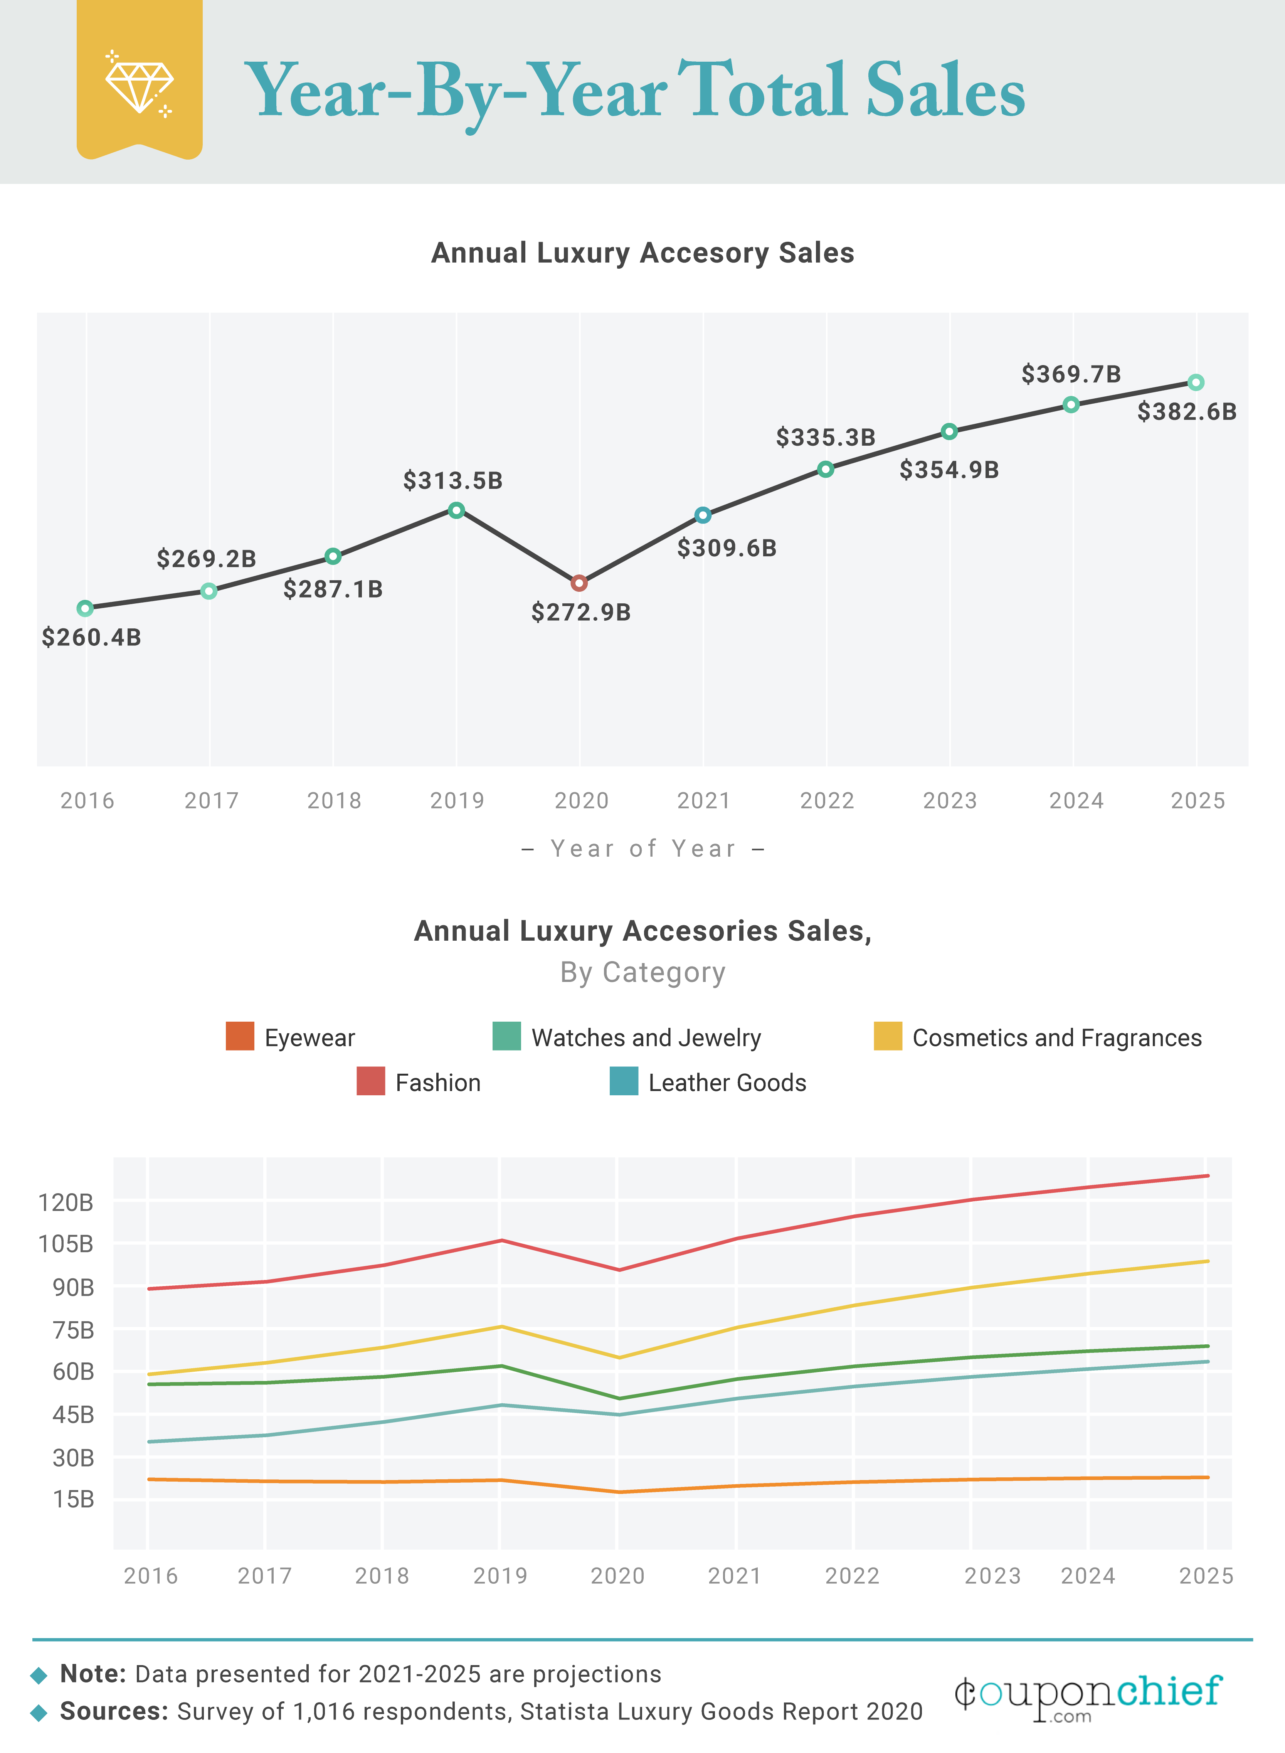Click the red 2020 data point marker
pyautogui.click(x=579, y=583)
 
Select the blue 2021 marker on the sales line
pyautogui.click(x=702, y=515)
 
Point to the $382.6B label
pyautogui.click(x=1186, y=412)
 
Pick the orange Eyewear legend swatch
pyautogui.click(x=240, y=1036)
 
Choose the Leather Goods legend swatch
pyautogui.click(x=624, y=1081)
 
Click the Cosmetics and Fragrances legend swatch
pyautogui.click(x=888, y=1036)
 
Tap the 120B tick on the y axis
pyautogui.click(x=66, y=1203)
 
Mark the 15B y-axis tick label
pyautogui.click(x=73, y=1499)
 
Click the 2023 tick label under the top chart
pyautogui.click(x=949, y=801)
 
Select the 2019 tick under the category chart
pyautogui.click(x=500, y=1576)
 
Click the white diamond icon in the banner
pyautogui.click(x=140, y=86)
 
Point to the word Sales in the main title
pyautogui.click(x=945, y=92)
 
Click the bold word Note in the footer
pyautogui.click(x=93, y=1674)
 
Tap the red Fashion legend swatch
pyautogui.click(x=370, y=1081)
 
